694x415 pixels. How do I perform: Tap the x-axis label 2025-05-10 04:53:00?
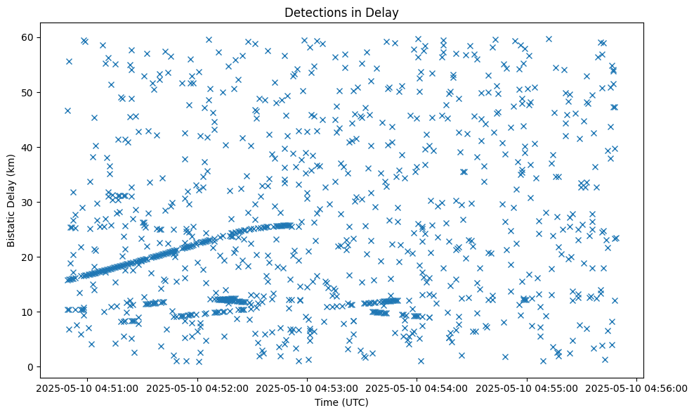click(x=307, y=388)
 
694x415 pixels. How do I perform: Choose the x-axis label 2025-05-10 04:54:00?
click(x=417, y=388)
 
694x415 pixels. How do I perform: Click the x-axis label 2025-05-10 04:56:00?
click(x=637, y=388)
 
